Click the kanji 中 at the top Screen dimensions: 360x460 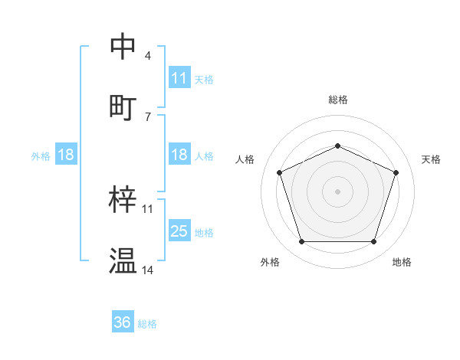click(123, 47)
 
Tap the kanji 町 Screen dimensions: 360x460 click(123, 107)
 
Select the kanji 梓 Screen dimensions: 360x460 click(123, 200)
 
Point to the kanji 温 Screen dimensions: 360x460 click(123, 261)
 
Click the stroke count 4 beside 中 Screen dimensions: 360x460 click(148, 56)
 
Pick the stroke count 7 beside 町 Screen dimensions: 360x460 click(148, 116)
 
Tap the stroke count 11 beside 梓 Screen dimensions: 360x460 click(148, 208)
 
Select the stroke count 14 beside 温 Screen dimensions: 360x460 click(148, 270)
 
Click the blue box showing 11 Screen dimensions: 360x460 click(179, 78)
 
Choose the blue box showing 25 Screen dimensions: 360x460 click(179, 231)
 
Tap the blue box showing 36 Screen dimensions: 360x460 click(123, 322)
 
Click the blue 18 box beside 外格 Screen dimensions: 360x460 click(66, 155)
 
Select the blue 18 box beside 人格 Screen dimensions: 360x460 click(179, 155)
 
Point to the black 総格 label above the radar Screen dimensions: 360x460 click(337, 100)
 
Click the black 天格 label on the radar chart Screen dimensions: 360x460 click(431, 159)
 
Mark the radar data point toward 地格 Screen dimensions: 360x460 click(373, 242)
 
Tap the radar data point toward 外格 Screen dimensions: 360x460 click(301, 242)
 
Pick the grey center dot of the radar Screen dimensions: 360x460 click(337, 191)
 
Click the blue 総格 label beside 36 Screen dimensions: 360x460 click(147, 324)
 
